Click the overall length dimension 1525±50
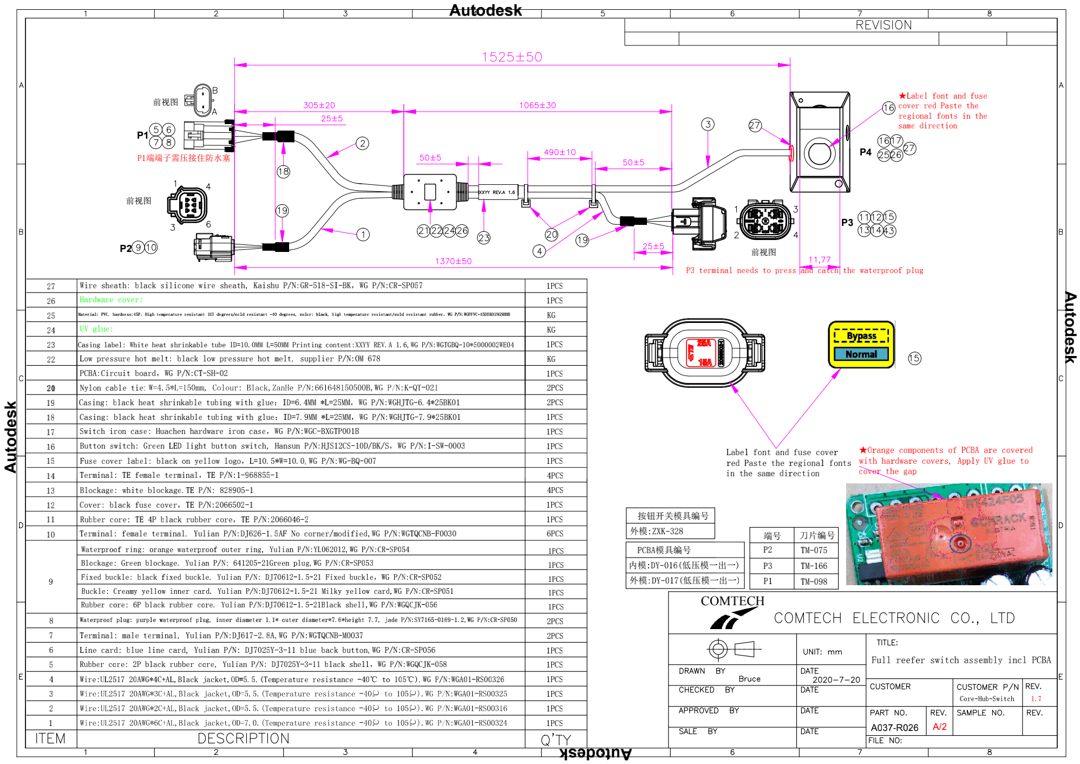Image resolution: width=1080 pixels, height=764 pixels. pyautogui.click(x=512, y=57)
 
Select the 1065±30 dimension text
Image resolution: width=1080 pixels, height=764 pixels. pyautogui.click(x=537, y=105)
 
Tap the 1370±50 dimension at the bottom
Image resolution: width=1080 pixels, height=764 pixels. pyautogui.click(x=453, y=261)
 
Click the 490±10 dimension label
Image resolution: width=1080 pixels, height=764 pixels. pyautogui.click(x=560, y=152)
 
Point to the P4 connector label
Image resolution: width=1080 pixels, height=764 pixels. pyautogui.click(x=866, y=152)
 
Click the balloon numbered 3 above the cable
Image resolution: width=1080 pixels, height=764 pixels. pyautogui.click(x=708, y=124)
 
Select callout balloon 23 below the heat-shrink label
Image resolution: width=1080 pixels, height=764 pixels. pyautogui.click(x=483, y=237)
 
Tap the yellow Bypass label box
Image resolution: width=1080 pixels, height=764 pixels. pyautogui.click(x=861, y=336)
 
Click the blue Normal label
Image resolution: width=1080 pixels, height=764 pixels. pyautogui.click(x=861, y=354)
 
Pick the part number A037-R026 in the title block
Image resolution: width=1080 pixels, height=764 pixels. pyautogui.click(x=894, y=728)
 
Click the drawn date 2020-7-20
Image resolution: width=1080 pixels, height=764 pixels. pyautogui.click(x=836, y=679)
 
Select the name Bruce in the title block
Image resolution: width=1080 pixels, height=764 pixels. pyautogui.click(x=749, y=679)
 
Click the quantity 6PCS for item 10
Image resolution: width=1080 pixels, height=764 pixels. pyautogui.click(x=554, y=534)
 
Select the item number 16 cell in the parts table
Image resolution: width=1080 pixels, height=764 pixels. pyautogui.click(x=51, y=447)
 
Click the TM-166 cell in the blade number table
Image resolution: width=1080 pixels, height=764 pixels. pyautogui.click(x=814, y=566)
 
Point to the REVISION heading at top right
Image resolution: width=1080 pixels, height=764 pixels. pyautogui.click(x=883, y=25)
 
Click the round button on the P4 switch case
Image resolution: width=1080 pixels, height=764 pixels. pyautogui.click(x=819, y=153)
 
